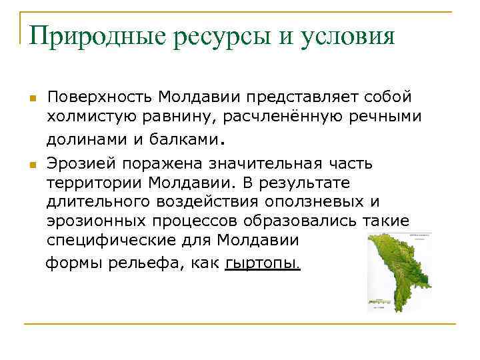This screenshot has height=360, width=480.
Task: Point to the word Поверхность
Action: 99,97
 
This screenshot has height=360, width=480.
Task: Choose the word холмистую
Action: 90,117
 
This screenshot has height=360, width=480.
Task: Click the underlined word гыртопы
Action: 263,263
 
